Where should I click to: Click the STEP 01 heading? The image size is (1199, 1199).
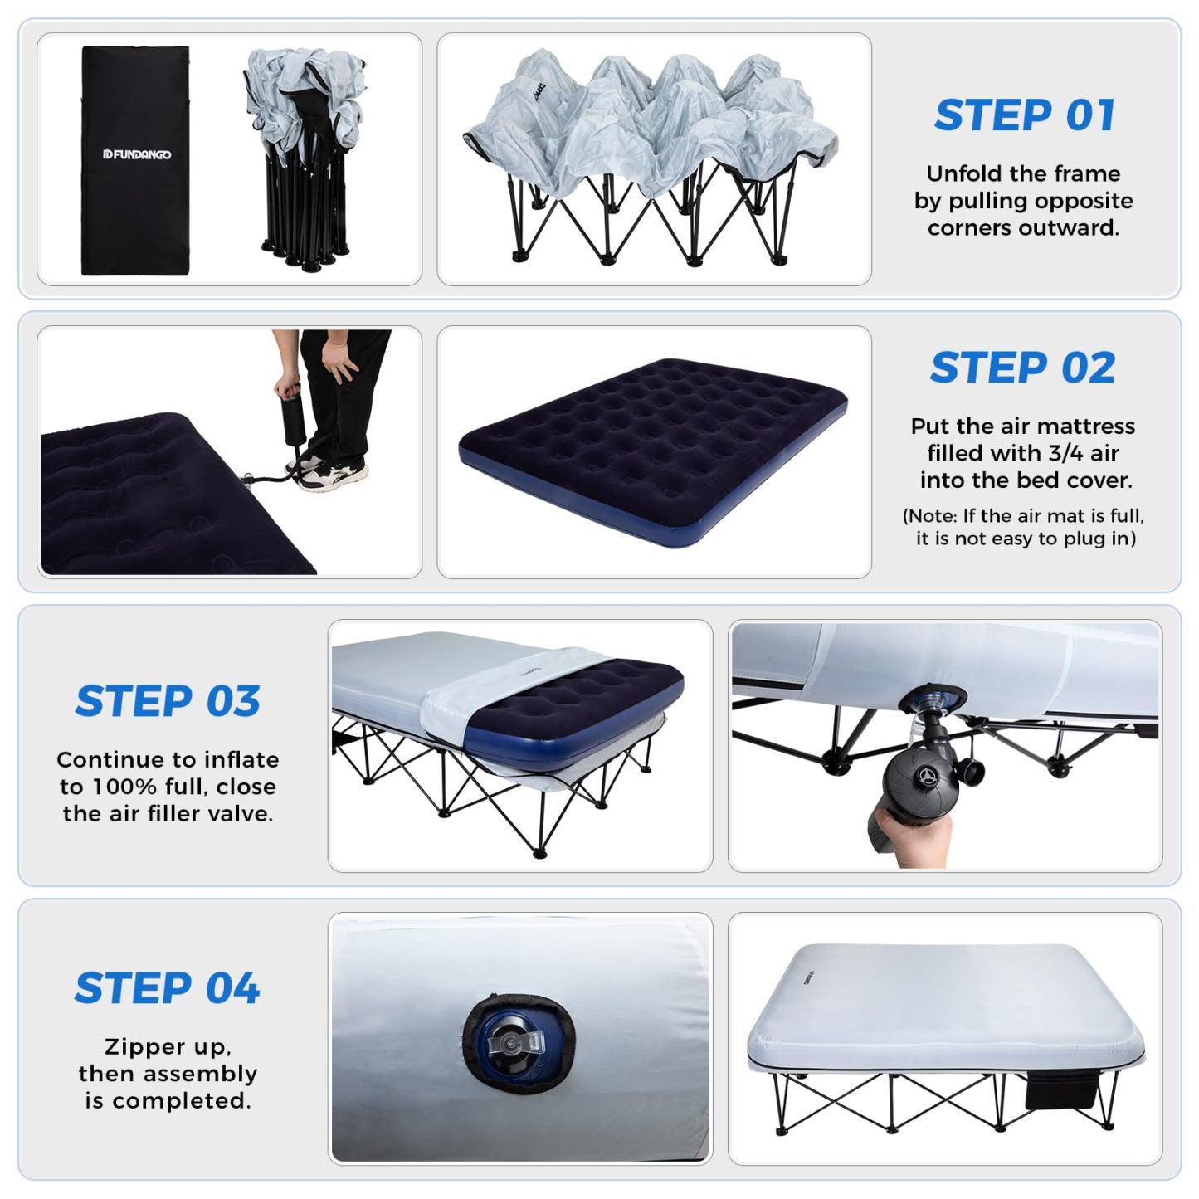1024,115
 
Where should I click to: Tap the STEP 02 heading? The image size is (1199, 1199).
1023,368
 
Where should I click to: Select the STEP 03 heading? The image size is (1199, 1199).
168,701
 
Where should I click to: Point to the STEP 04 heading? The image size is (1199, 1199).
167,988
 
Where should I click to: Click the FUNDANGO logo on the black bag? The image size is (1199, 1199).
136,154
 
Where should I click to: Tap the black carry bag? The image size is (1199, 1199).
135,160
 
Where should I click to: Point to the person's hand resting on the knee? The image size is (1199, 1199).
341,358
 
